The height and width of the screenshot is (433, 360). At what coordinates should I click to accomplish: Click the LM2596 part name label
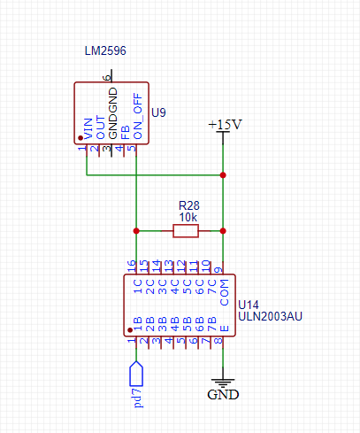point(105,50)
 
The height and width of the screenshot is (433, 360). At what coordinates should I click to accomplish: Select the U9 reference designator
point(158,112)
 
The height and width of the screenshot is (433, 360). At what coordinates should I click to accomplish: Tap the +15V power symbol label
point(225,125)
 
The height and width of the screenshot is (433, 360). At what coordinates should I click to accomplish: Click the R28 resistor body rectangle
point(186,231)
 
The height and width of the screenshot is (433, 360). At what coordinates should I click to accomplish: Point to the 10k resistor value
point(188,218)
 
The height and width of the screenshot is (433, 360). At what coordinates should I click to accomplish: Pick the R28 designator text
point(189,205)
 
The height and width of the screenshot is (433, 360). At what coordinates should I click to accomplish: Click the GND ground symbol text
point(223,395)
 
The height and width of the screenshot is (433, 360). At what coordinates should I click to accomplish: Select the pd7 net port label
point(138,398)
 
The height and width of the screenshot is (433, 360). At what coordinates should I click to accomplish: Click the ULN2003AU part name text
point(270,316)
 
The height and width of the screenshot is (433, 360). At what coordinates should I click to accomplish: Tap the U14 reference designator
point(249,305)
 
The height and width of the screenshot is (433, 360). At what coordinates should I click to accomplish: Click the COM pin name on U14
point(225,292)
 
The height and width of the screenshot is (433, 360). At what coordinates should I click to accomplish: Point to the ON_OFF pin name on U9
point(138,116)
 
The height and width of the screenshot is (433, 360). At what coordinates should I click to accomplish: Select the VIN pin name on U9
point(88,128)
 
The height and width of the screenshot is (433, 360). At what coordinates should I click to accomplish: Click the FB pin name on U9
point(126,133)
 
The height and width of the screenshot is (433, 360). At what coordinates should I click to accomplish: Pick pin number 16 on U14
point(132,267)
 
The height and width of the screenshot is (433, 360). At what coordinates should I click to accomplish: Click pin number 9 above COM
point(218,270)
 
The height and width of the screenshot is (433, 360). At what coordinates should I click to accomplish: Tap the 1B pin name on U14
point(138,324)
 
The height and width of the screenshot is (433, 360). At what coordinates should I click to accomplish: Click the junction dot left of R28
point(136,231)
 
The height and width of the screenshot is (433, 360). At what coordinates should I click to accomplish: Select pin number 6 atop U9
point(107,78)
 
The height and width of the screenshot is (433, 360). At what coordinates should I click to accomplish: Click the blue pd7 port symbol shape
point(136,374)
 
